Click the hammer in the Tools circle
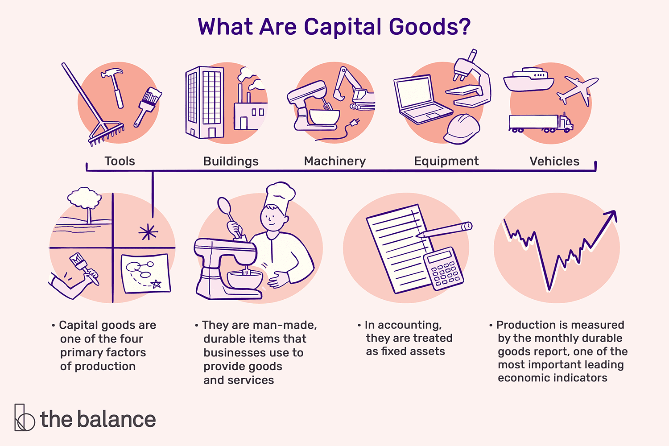(114, 85)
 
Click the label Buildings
(231, 161)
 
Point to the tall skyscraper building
(204, 102)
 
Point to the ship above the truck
(529, 80)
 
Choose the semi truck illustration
(540, 123)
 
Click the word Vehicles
(554, 161)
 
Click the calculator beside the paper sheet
(444, 268)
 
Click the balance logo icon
(24, 417)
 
